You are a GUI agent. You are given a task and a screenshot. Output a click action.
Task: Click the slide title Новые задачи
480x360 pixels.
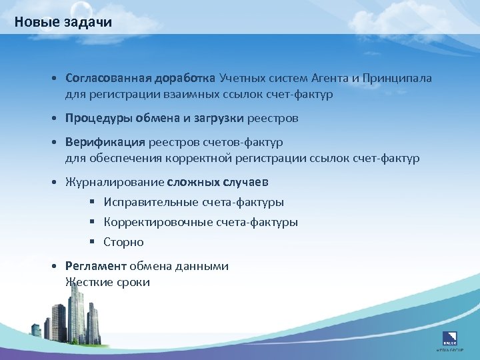point(63,22)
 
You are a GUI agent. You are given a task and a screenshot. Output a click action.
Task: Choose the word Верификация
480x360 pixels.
point(105,142)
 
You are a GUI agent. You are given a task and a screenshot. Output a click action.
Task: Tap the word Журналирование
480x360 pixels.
point(115,182)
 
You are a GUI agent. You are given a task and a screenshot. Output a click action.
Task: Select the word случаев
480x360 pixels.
point(247,182)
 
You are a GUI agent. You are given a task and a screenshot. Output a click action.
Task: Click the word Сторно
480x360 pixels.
point(124,242)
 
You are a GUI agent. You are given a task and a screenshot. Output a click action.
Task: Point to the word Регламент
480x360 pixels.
point(95,266)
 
